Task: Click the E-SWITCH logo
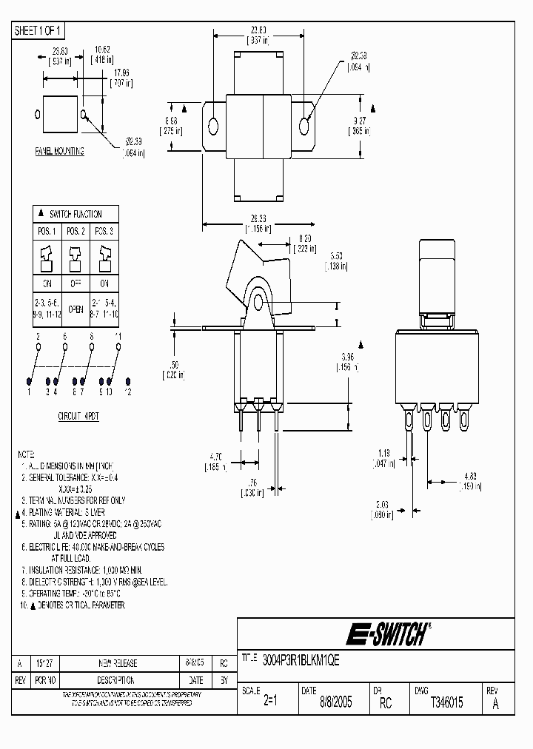(x=386, y=634)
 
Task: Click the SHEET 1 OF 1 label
(x=39, y=30)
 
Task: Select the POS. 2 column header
(x=76, y=232)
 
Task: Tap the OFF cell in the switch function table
(x=76, y=283)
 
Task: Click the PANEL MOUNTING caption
(x=60, y=151)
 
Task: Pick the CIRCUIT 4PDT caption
(x=78, y=417)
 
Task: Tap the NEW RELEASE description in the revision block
(x=118, y=664)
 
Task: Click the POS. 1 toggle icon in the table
(x=46, y=260)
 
